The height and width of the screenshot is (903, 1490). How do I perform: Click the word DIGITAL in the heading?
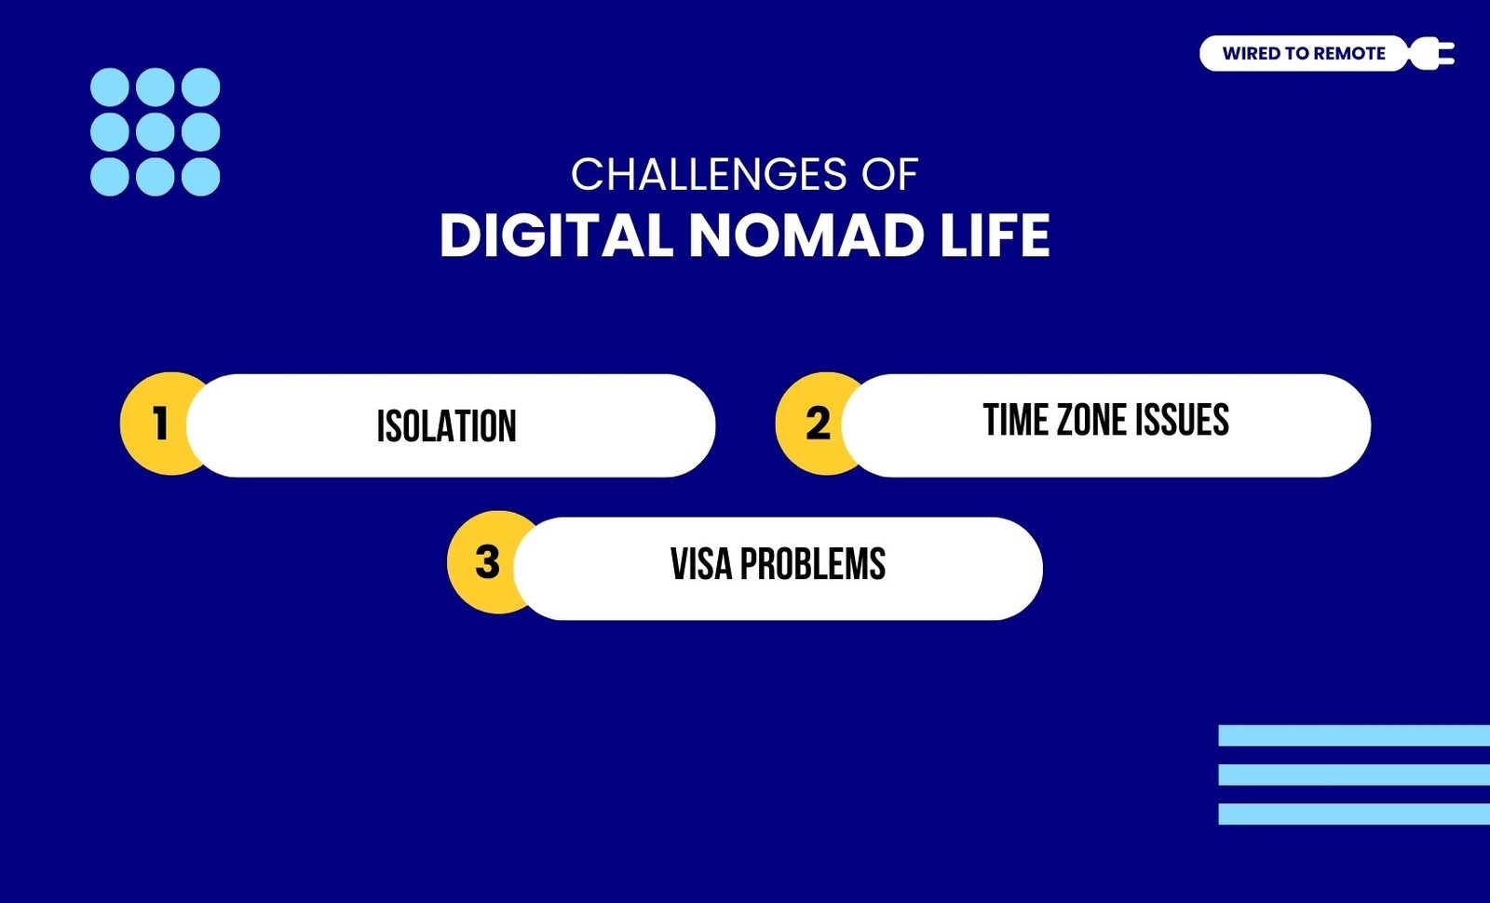556,236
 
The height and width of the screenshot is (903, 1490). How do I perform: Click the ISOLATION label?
446,425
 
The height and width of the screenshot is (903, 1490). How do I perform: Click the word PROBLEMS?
813,564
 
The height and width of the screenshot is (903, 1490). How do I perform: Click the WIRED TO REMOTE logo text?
1304,53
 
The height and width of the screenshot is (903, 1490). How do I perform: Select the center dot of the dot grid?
155,131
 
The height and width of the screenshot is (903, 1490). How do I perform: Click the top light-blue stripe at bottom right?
1354,735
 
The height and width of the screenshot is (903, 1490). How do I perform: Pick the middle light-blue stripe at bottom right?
1354,775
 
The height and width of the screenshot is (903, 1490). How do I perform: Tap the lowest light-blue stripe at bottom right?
1354,814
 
